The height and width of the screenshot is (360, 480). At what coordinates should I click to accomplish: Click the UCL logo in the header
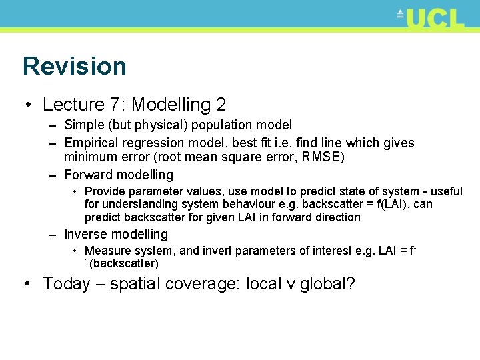431,17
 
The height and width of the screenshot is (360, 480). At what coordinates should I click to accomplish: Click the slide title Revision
74,66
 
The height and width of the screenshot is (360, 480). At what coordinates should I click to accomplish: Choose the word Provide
105,192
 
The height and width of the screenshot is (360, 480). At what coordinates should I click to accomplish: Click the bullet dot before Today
26,284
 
